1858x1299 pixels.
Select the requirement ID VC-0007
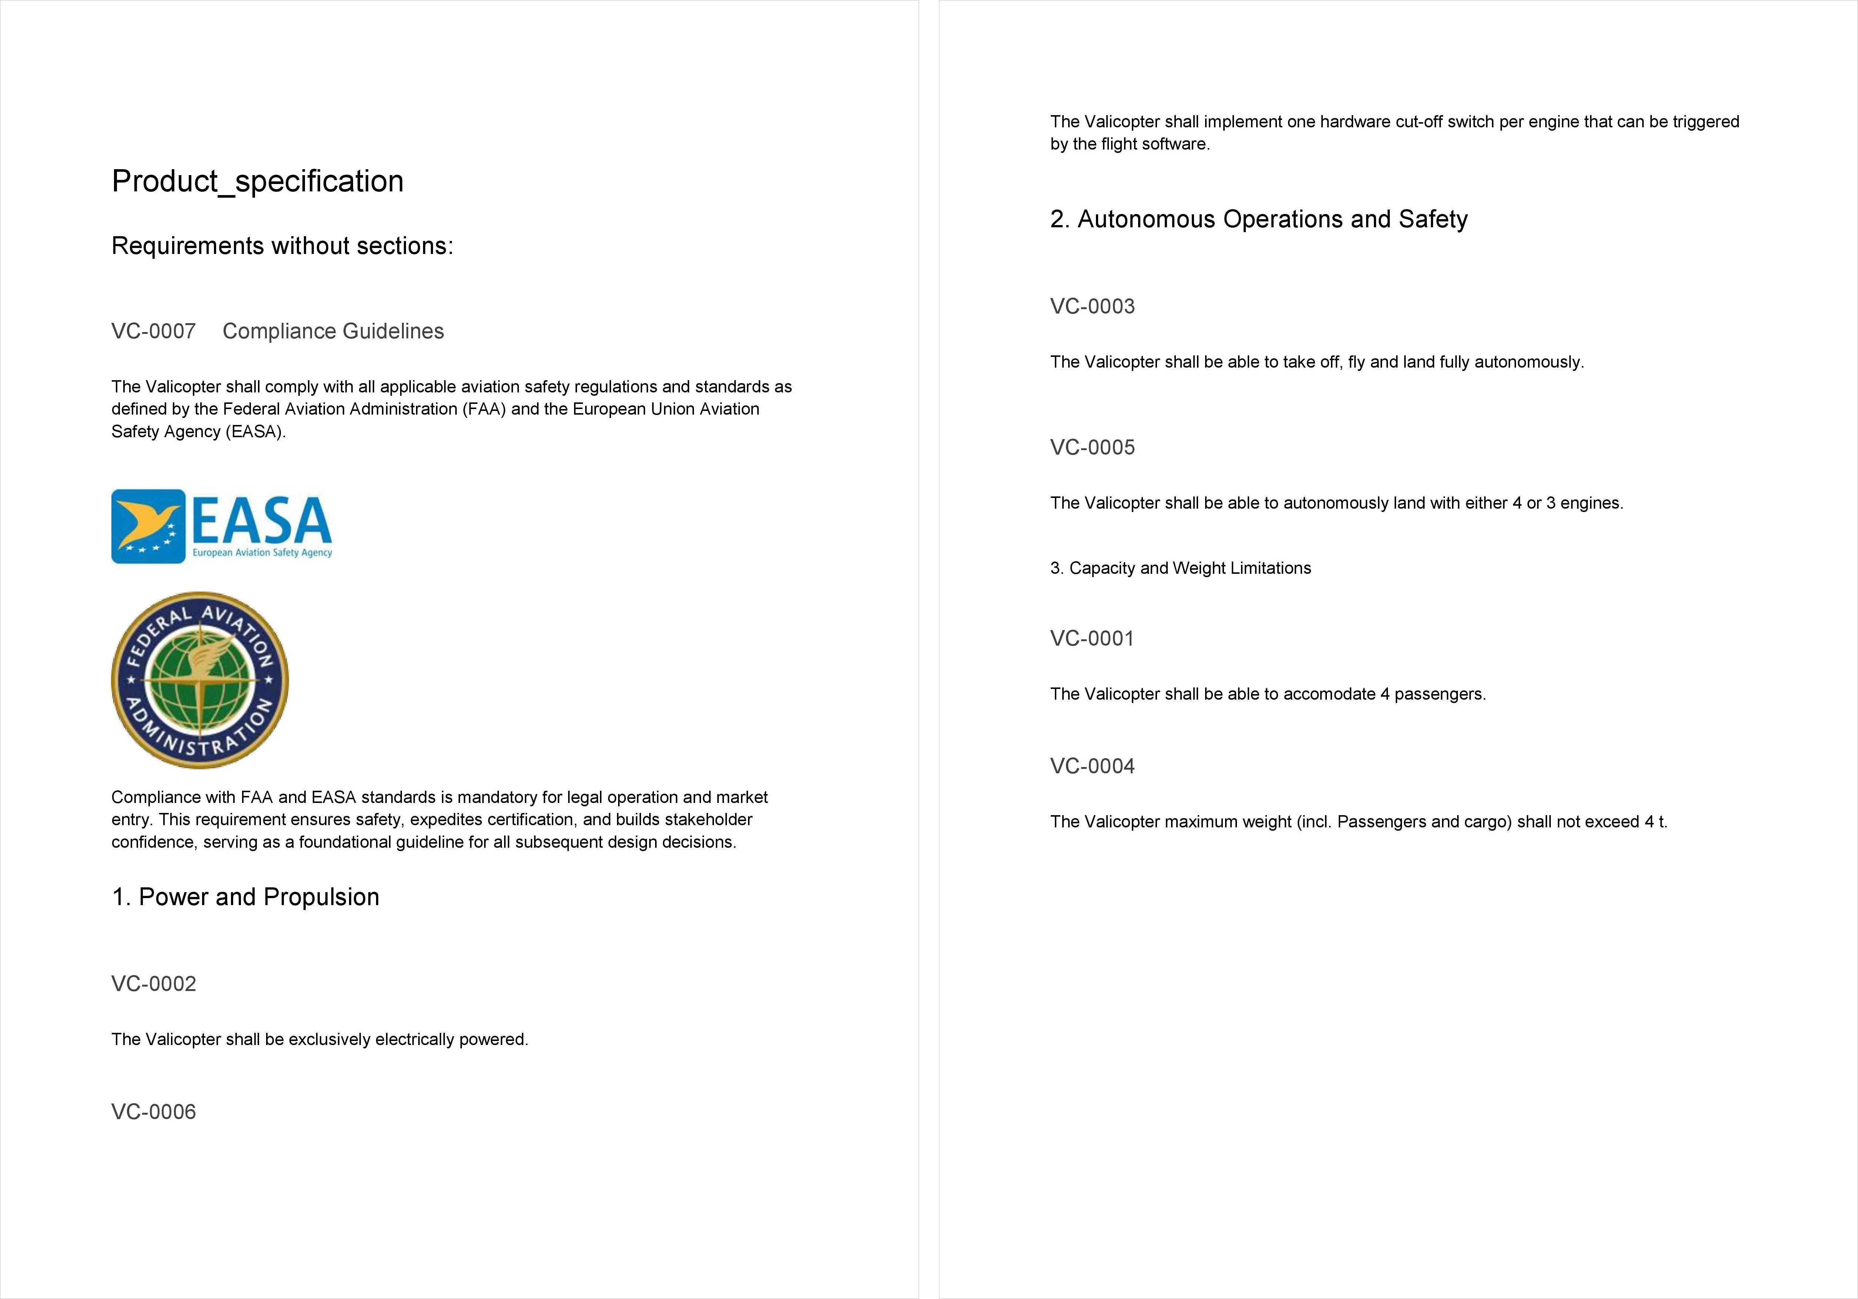tap(154, 331)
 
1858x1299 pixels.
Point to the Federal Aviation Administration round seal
tap(200, 680)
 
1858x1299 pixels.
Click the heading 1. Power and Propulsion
tap(245, 897)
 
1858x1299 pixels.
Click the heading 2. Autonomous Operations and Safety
tap(1258, 219)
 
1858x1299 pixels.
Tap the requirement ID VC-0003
tap(1093, 306)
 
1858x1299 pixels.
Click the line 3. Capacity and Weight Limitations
tap(1180, 568)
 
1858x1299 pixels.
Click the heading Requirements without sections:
tap(282, 245)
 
